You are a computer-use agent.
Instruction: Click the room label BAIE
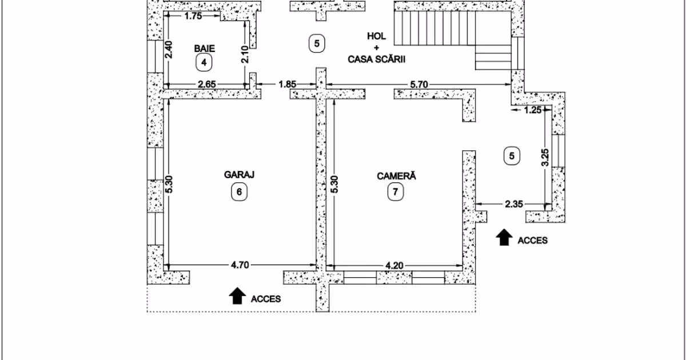tap(204, 49)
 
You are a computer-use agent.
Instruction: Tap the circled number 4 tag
tap(204, 62)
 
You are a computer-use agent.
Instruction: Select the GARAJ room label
tap(239, 174)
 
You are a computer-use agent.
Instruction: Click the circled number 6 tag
tap(239, 192)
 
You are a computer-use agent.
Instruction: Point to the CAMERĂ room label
tap(396, 176)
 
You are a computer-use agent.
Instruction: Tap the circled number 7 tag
tap(396, 192)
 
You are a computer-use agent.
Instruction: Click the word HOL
tap(376, 36)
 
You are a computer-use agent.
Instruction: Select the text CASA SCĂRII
tap(376, 59)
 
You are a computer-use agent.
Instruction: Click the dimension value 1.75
tap(193, 16)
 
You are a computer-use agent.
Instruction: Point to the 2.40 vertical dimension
tap(169, 50)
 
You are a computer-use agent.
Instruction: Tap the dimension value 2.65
tap(207, 84)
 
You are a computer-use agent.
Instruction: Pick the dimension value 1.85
tap(287, 84)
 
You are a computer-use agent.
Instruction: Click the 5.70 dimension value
tap(418, 85)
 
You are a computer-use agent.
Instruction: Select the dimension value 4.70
tap(240, 265)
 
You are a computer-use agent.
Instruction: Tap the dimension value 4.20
tap(394, 266)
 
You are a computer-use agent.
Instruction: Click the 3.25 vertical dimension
tap(545, 157)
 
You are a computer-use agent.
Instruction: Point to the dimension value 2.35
tap(514, 204)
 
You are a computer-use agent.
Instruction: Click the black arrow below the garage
tap(237, 296)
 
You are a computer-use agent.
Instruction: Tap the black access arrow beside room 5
tap(504, 237)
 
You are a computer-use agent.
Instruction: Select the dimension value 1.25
tap(533, 110)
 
